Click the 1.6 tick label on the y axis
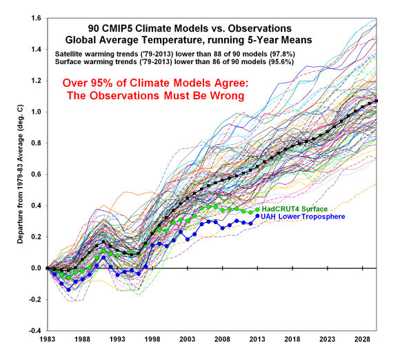(x=36, y=17)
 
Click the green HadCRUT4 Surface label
(x=297, y=209)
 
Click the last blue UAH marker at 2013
(x=257, y=215)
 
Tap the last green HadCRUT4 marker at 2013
(x=257, y=210)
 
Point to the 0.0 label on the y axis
(x=36, y=268)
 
